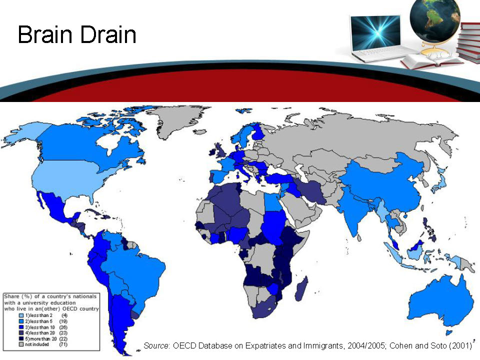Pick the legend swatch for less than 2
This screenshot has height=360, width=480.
pos(20,315)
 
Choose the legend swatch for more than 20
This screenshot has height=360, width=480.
pos(20,339)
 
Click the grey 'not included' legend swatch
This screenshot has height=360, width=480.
pos(20,344)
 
